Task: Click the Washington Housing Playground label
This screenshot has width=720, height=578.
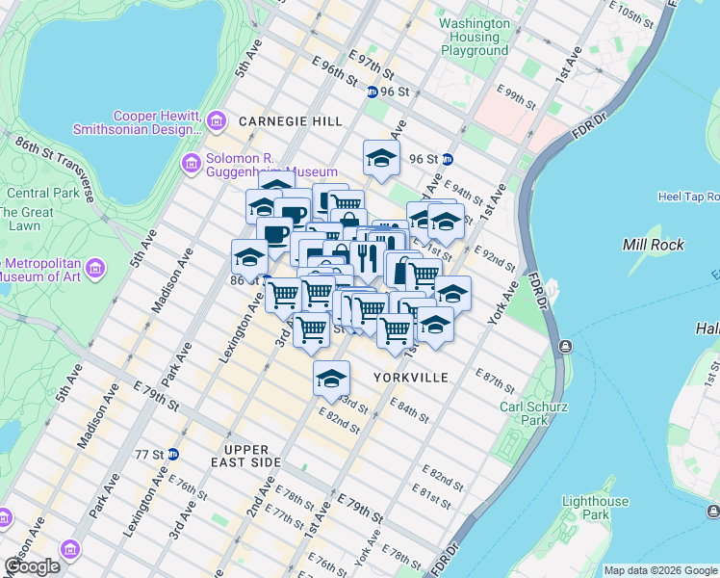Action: (474, 37)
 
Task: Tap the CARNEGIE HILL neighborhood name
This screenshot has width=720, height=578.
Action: (290, 121)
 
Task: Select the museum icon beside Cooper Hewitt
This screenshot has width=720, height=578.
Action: (217, 121)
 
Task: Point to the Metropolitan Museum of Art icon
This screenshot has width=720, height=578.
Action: (95, 267)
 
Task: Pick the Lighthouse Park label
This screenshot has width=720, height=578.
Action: (595, 508)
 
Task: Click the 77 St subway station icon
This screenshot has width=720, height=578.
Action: (172, 454)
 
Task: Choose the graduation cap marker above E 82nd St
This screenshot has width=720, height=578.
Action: (331, 378)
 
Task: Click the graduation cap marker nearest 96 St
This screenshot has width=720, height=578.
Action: (381, 158)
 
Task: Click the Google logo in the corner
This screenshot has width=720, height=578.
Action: (32, 566)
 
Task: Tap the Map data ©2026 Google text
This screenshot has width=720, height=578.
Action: (660, 570)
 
